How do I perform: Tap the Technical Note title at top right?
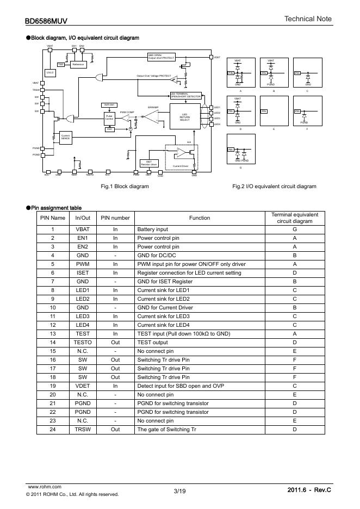click(308, 19)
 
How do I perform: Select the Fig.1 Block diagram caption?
click(125, 186)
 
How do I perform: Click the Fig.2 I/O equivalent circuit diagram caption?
click(274, 186)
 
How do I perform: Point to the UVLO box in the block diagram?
click(50, 72)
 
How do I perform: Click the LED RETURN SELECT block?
click(185, 117)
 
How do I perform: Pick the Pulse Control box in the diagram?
click(109, 117)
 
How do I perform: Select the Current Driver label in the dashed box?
click(180, 165)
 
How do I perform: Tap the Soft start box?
click(108, 104)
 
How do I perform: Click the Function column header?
click(200, 218)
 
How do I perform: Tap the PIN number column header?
click(115, 218)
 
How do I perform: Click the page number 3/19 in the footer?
click(179, 491)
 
